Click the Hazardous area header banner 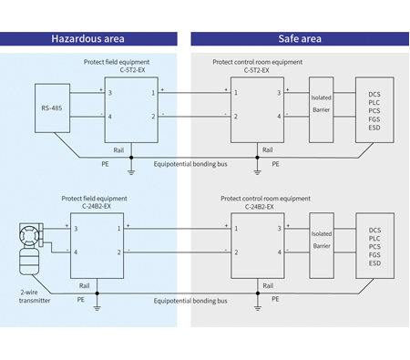point(87,39)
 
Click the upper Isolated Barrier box point(322,104)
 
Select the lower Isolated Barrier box point(322,240)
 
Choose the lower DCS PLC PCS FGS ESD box point(374,247)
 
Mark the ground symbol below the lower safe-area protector point(246,306)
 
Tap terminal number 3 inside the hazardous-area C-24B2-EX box point(77,229)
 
